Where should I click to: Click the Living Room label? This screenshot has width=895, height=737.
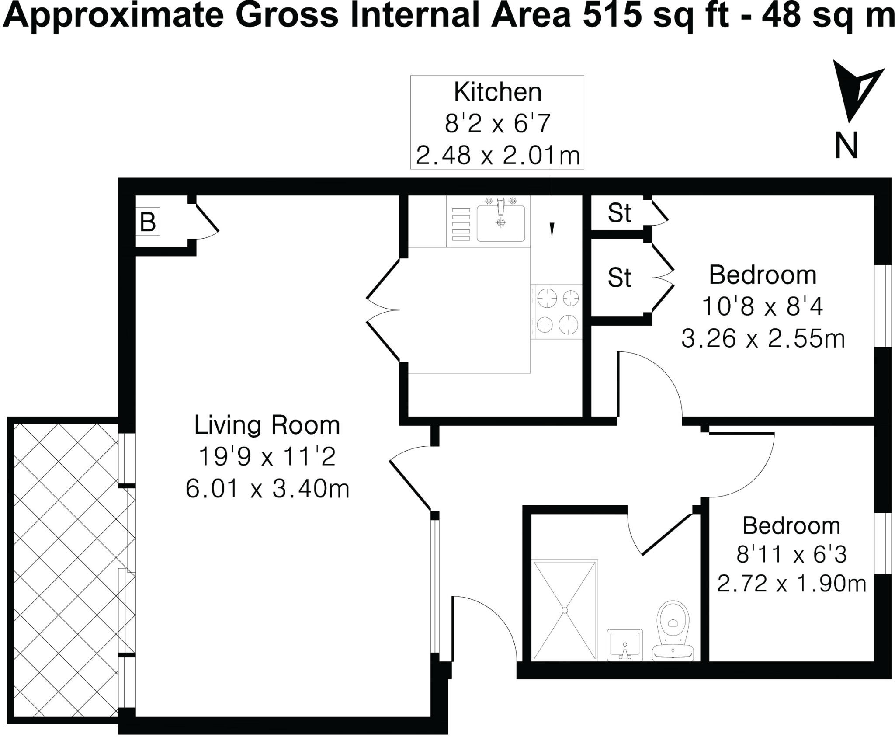click(267, 425)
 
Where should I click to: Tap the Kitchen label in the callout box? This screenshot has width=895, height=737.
click(497, 92)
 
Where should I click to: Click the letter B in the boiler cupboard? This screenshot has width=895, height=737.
click(148, 222)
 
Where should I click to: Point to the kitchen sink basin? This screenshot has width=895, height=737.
click(501, 223)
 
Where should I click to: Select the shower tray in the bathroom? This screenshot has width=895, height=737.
click(565, 610)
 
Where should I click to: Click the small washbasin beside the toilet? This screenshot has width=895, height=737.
click(625, 645)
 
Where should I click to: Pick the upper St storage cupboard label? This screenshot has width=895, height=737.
click(619, 213)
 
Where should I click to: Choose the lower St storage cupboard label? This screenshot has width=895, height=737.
click(619, 278)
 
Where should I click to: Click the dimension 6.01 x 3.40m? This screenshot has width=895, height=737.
click(267, 489)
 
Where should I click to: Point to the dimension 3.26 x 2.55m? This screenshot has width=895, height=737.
click(763, 339)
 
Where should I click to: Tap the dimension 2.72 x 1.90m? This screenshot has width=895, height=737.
click(791, 584)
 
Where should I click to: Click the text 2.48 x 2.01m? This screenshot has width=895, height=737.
click(498, 156)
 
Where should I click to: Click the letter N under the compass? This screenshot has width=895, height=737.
click(846, 146)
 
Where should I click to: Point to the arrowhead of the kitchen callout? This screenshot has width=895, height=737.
click(552, 230)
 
